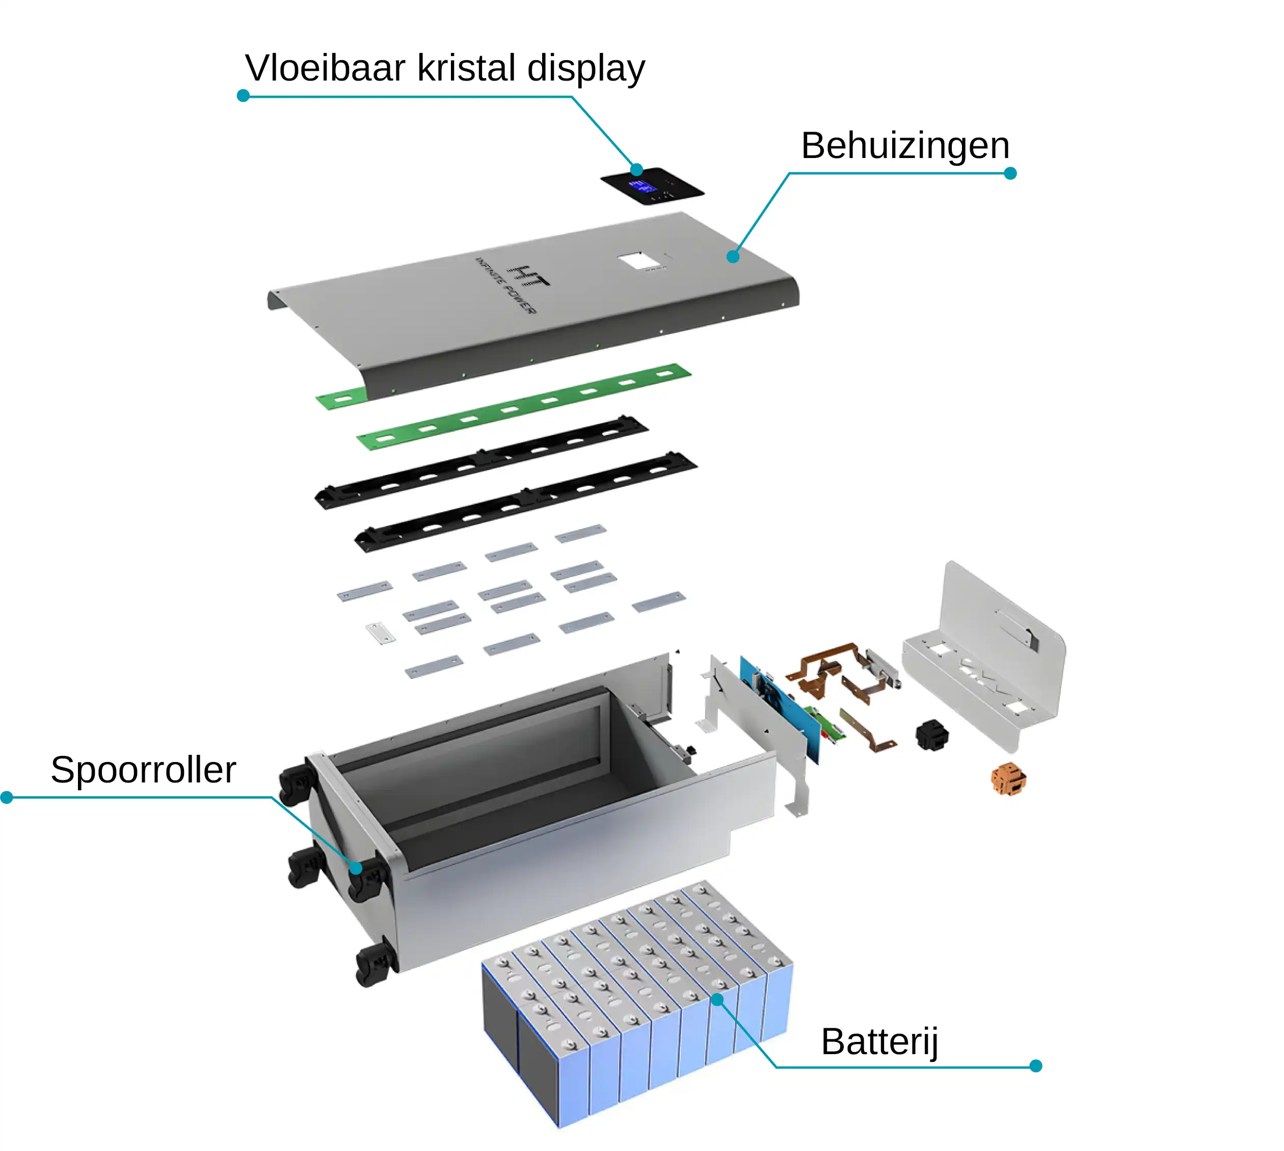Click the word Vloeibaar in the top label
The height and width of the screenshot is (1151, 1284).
(325, 68)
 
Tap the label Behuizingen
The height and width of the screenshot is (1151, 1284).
(905, 147)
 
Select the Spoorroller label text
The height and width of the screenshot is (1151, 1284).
(144, 771)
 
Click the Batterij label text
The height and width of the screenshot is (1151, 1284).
(879, 1042)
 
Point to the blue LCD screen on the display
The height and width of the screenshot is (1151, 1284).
(641, 187)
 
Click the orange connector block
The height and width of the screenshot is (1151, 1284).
(1008, 779)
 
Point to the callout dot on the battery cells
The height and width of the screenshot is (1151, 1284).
(717, 999)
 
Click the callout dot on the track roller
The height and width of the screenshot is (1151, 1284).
(356, 868)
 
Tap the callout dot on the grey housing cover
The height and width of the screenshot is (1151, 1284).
(733, 256)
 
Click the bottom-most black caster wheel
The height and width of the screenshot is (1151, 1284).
(377, 964)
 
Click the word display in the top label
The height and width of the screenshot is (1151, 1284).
(586, 69)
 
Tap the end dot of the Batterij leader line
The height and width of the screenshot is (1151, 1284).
(1035, 1066)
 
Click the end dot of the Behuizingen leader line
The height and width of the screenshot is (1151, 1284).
(1010, 173)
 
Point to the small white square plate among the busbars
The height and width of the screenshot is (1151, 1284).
(381, 633)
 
